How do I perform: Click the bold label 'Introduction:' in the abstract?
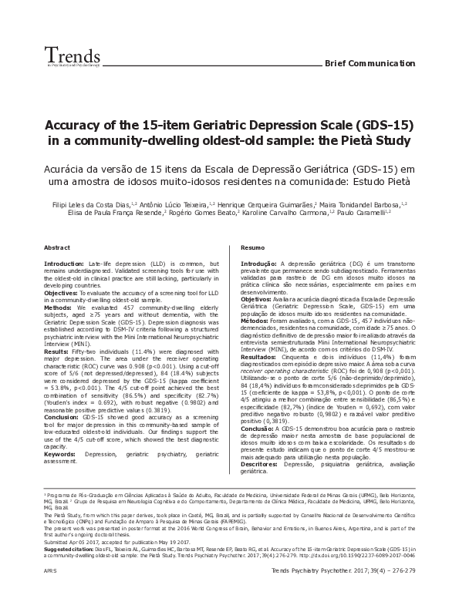(x=65, y=264)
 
